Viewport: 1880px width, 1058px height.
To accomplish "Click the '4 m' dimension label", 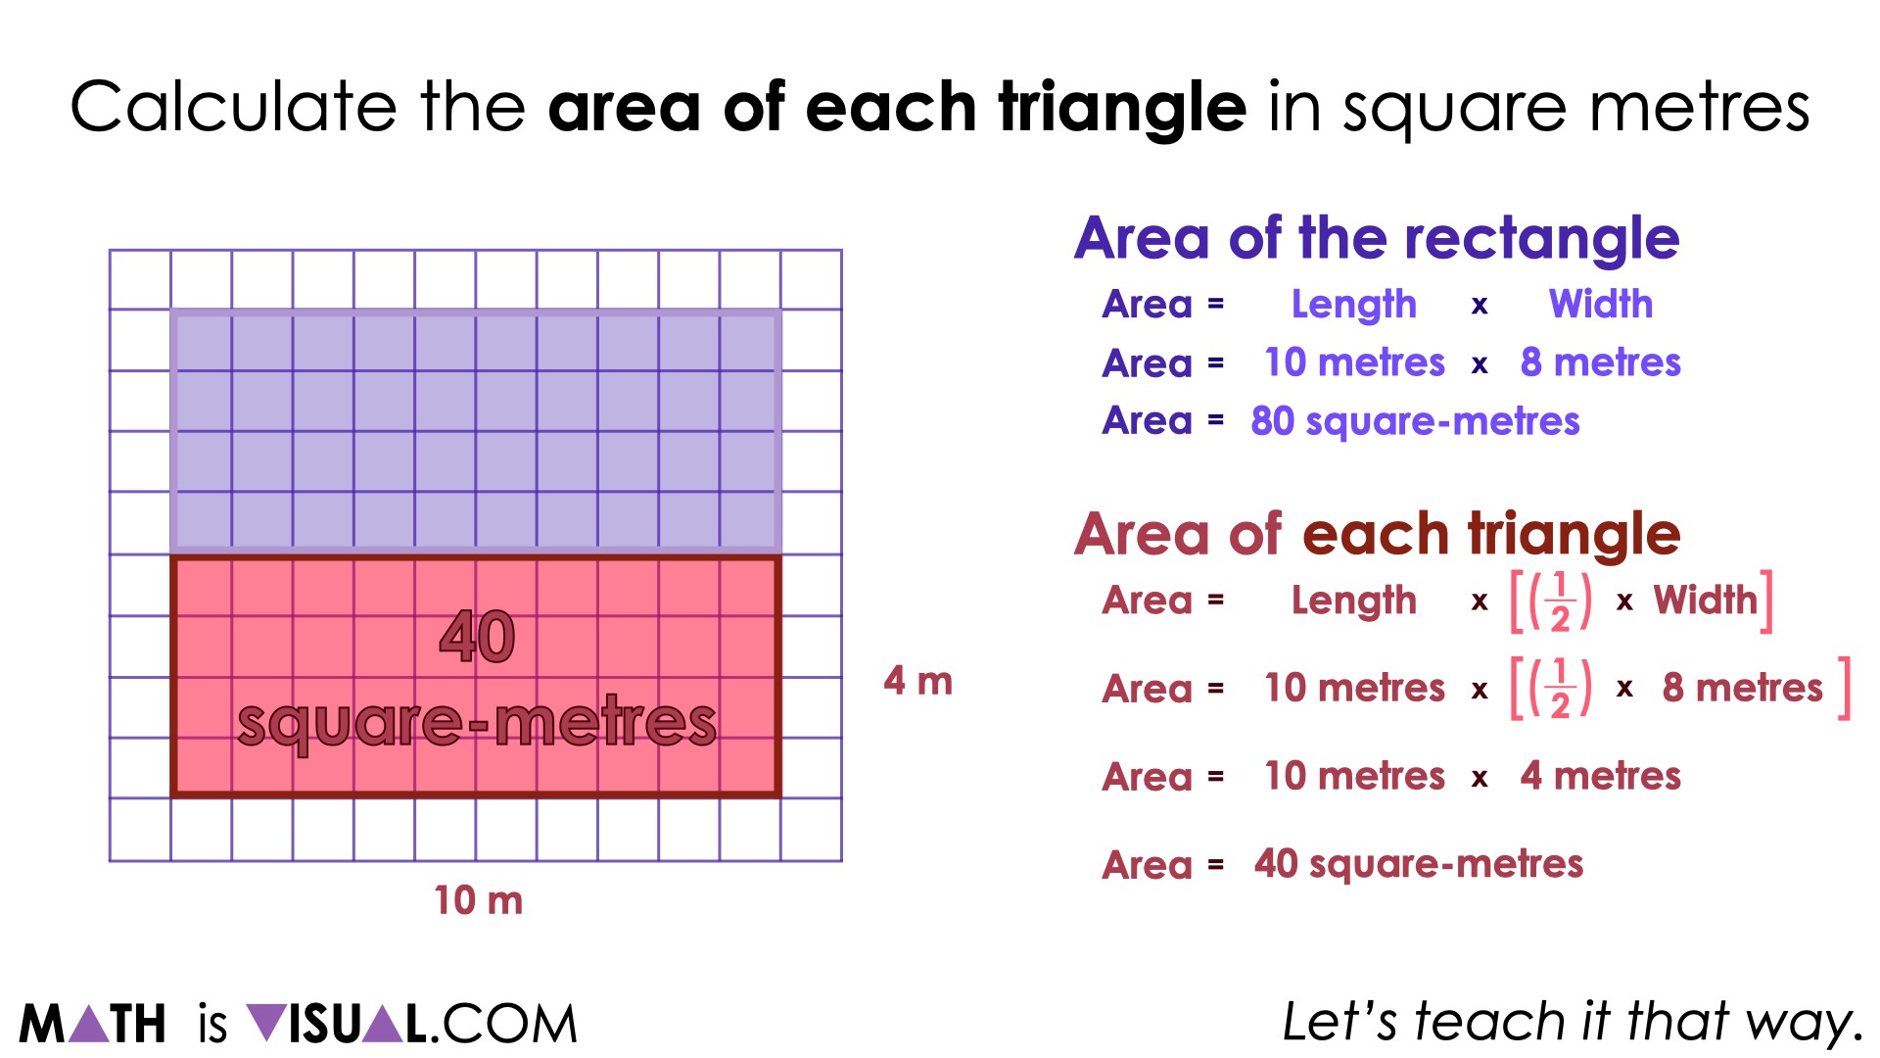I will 917,681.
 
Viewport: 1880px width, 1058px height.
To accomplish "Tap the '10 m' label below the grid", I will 478,900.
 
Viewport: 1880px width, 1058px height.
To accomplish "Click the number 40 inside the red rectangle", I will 477,637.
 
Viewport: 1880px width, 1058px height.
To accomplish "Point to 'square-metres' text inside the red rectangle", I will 477,723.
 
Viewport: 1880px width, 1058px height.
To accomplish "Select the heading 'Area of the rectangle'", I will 1377,238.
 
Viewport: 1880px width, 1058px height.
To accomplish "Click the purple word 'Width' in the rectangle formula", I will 1600,305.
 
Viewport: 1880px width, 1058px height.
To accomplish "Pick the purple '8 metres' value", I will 1600,362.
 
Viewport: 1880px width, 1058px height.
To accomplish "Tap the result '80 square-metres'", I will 1415,421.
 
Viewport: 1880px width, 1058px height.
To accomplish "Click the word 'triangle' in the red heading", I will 1574,535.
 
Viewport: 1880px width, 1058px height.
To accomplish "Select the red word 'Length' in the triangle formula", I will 1353,601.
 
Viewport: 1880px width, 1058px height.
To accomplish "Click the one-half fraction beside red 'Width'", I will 1560,601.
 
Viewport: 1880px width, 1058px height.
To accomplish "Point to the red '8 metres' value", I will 1742,688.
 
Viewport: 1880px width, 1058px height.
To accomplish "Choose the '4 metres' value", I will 1600,776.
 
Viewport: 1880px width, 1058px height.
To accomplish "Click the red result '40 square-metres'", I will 1418,864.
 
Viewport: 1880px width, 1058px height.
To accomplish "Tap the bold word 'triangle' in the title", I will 1122,107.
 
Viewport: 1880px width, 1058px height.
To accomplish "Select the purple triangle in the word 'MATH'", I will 90,1024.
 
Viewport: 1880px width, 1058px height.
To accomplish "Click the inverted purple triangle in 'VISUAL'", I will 265,1024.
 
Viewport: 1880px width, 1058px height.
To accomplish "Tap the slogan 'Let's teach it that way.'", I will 1573,1022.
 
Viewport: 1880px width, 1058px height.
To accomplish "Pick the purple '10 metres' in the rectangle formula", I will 1353,362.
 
